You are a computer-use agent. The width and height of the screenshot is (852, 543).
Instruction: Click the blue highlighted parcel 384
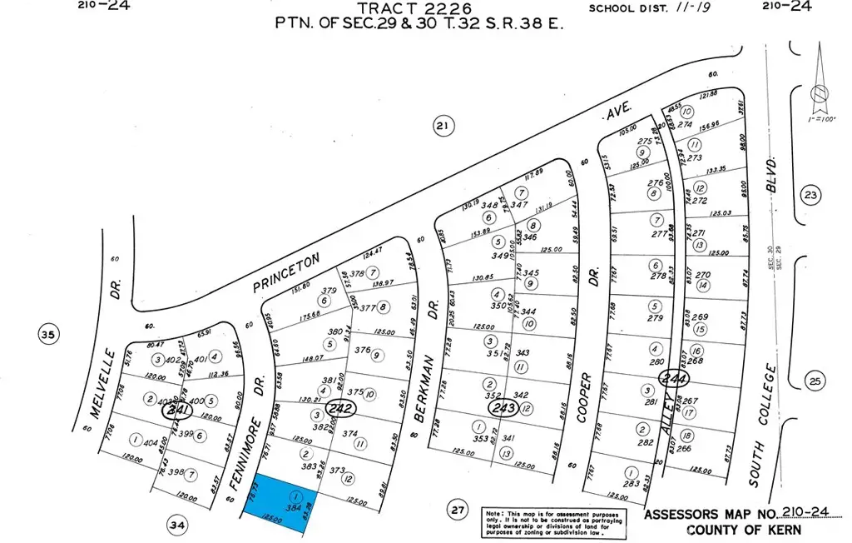click(280, 499)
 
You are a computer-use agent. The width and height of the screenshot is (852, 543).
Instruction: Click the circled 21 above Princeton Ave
click(443, 127)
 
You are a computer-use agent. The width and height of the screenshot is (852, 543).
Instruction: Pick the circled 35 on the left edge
click(49, 336)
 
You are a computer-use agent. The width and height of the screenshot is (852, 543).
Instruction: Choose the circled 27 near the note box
click(456, 510)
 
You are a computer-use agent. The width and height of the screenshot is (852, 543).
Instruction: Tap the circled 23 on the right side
click(811, 194)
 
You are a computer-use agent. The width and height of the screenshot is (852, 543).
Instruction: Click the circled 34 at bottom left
click(177, 525)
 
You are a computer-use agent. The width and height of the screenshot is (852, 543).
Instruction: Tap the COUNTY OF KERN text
click(745, 530)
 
